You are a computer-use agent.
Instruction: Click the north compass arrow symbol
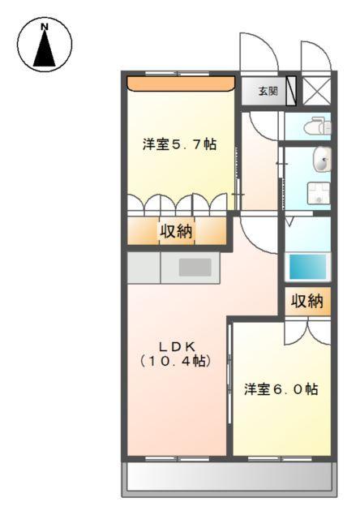(44, 49)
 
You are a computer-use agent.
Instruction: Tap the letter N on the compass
(44, 27)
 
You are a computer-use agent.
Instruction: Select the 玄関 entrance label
(268, 91)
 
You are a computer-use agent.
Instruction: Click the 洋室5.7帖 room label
(179, 144)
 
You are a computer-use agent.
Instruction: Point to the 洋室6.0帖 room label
(281, 389)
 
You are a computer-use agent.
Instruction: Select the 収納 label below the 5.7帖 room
(175, 231)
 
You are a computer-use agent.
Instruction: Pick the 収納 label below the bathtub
(306, 302)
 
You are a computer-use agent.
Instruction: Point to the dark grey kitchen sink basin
(195, 268)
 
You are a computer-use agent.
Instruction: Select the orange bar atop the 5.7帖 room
(179, 83)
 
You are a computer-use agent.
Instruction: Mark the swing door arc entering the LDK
(258, 235)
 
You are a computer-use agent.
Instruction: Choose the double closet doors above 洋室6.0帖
(306, 331)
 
